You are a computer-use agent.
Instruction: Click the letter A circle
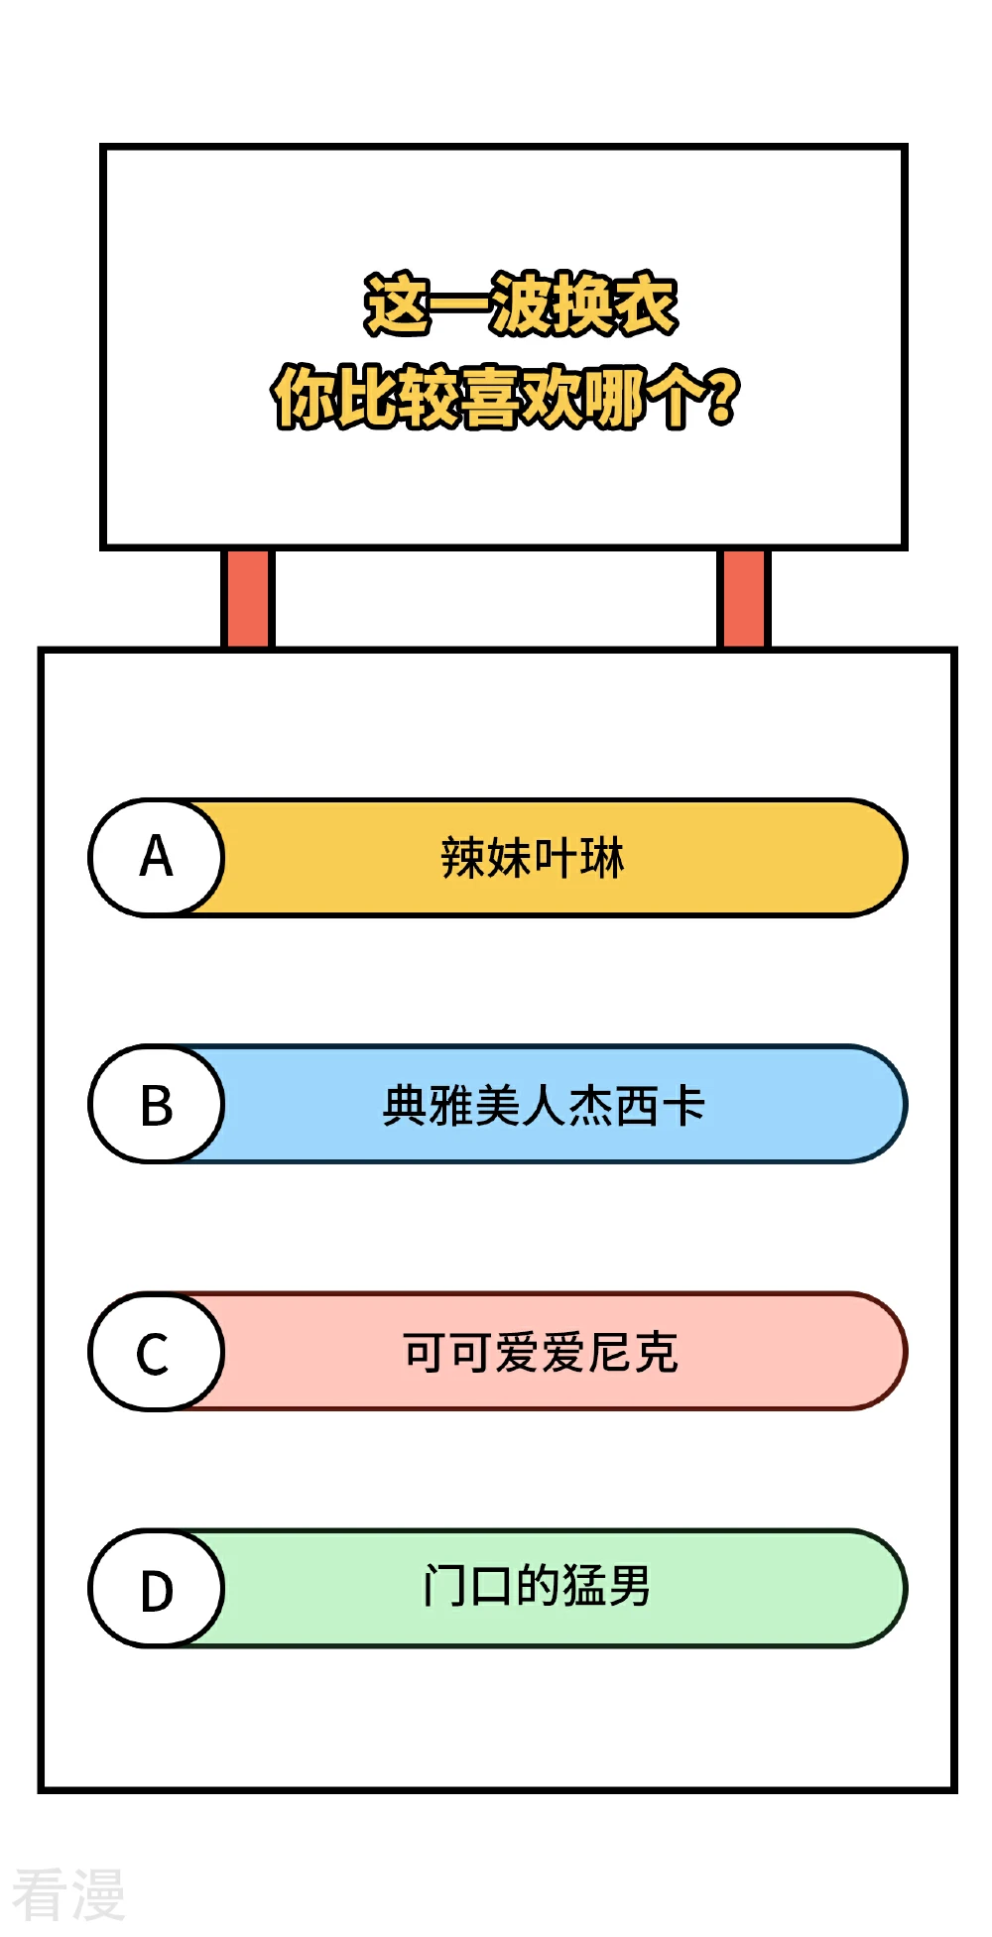[x=157, y=857]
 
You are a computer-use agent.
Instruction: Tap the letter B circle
[x=157, y=1104]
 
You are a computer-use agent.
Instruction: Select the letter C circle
[x=157, y=1351]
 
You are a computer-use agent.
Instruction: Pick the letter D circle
[x=157, y=1588]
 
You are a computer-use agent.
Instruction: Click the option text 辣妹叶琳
[x=533, y=858]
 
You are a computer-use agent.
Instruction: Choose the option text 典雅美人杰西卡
[x=544, y=1105]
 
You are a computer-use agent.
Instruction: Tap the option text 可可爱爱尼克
[x=541, y=1352]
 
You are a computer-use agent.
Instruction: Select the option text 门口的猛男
[x=537, y=1585]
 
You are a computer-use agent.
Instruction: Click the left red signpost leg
[x=247, y=598]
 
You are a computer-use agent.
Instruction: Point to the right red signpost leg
[x=743, y=598]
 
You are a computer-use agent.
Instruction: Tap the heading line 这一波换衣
[x=521, y=303]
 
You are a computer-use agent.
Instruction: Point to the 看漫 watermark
[x=68, y=1893]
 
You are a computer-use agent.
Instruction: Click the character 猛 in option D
[x=584, y=1585]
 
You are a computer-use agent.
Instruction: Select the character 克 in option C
[x=656, y=1352]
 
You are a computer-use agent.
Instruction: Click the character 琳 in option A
[x=603, y=858]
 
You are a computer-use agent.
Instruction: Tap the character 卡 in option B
[x=683, y=1105]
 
